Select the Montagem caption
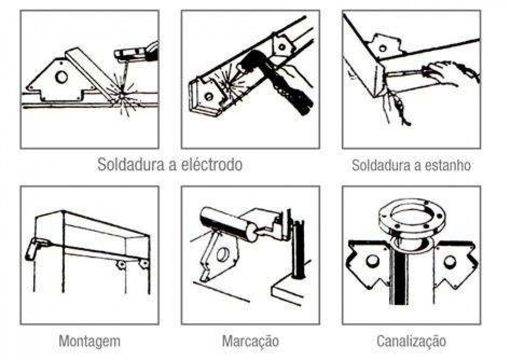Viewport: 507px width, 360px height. point(90,341)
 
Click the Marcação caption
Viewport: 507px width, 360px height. point(250,341)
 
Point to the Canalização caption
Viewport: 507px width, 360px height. point(411,341)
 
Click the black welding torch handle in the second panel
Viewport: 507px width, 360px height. point(280,79)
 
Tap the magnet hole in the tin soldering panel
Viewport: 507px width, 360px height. point(382,48)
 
